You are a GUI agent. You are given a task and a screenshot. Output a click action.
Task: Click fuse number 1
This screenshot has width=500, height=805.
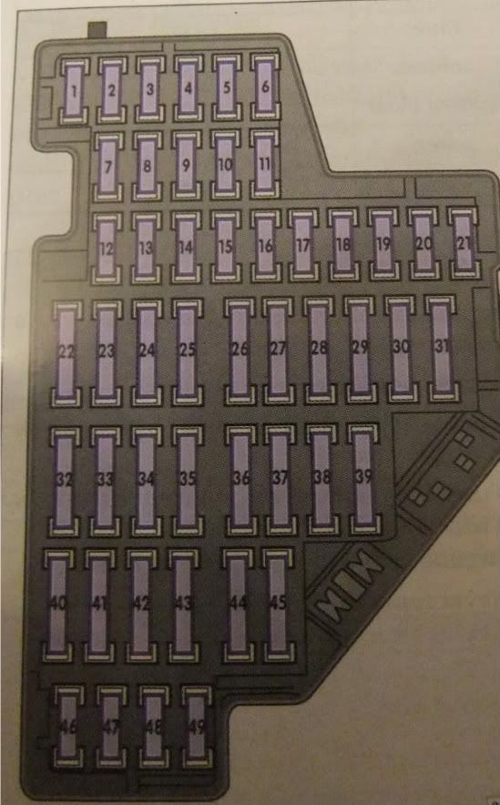pyautogui.click(x=74, y=91)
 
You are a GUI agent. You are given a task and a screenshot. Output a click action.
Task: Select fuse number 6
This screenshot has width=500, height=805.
pyautogui.click(x=265, y=87)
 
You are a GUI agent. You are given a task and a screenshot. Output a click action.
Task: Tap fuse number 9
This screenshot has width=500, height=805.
pyautogui.click(x=186, y=165)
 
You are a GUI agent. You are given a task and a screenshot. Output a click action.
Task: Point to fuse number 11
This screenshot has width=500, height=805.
pyautogui.click(x=264, y=163)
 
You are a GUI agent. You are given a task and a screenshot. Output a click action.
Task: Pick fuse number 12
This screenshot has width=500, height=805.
pyautogui.click(x=107, y=249)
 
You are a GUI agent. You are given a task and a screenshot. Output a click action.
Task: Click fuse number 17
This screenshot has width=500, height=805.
pyautogui.click(x=303, y=245)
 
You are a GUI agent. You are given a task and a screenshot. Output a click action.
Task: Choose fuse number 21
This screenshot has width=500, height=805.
pyautogui.click(x=464, y=242)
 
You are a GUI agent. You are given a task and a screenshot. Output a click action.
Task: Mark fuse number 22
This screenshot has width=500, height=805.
pyautogui.click(x=66, y=353)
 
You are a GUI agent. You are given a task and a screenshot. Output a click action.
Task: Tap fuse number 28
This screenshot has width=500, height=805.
pyautogui.click(x=319, y=349)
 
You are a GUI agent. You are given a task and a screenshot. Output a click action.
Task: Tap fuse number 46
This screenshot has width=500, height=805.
pyautogui.click(x=69, y=727)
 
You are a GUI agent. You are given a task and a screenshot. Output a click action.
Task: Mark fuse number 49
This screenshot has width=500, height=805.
pyautogui.click(x=197, y=727)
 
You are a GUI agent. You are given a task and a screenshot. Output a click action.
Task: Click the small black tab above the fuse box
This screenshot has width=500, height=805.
pyautogui.click(x=97, y=30)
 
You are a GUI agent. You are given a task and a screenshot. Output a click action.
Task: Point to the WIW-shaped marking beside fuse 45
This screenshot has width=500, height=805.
pyautogui.click(x=349, y=586)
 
